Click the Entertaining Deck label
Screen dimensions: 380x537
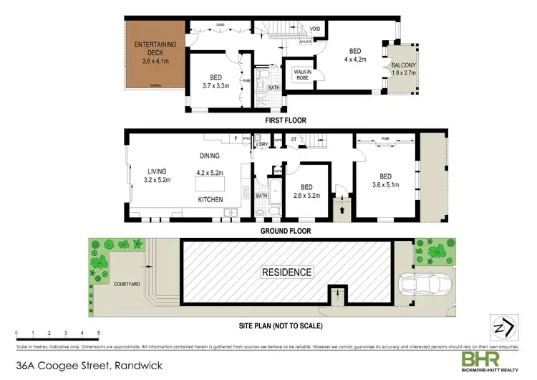point(153,44)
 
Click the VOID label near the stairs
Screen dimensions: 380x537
point(314,29)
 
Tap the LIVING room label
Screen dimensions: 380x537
point(157,171)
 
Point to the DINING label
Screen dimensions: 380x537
point(209,156)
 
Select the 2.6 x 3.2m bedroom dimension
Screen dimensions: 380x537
point(306,194)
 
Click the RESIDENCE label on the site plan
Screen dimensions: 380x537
point(287,272)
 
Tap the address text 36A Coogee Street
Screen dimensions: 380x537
point(70,367)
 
